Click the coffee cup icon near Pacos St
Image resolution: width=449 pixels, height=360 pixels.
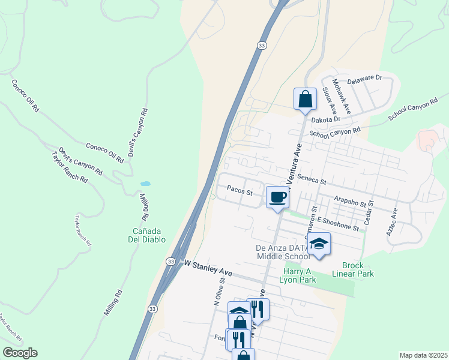[277, 197]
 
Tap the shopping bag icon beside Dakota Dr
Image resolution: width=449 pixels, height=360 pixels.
[305, 98]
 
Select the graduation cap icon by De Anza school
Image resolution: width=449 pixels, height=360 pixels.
[319, 243]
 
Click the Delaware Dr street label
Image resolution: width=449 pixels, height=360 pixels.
[365, 78]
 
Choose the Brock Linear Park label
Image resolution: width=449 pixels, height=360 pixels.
[358, 269]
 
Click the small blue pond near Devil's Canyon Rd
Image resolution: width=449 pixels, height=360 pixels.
[145, 184]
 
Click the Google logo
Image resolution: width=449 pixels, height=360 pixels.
[20, 353]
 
